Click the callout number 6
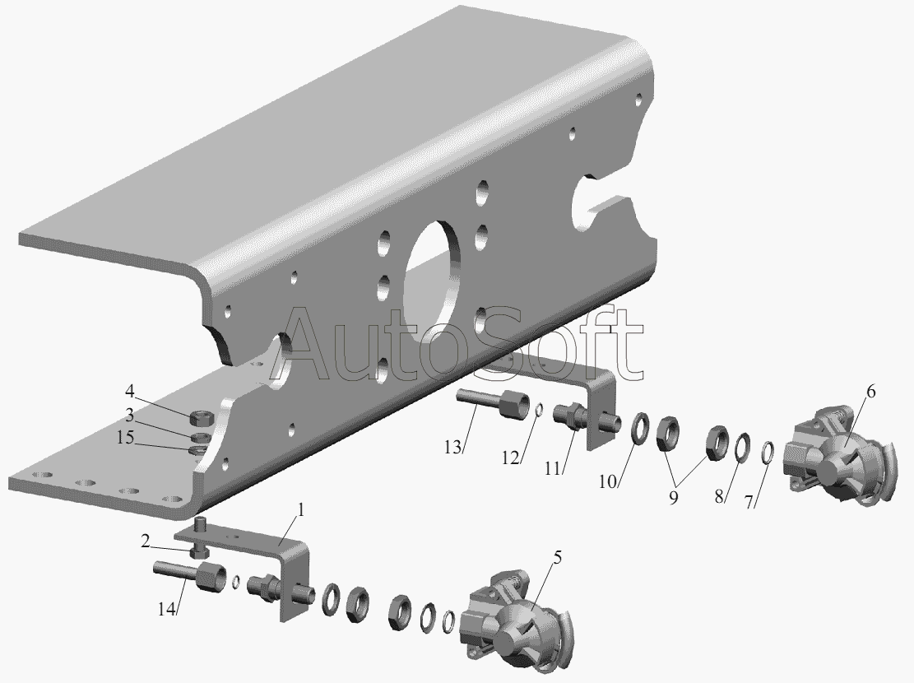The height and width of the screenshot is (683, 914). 870,392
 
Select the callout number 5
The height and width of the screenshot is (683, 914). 558,558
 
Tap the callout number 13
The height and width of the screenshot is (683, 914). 452,448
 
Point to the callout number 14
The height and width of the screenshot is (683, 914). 166,609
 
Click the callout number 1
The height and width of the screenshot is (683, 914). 301,509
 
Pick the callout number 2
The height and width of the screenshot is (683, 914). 145,541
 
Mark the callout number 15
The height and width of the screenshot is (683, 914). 125,437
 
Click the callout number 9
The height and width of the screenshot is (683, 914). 673,498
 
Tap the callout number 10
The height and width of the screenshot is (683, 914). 607,481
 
